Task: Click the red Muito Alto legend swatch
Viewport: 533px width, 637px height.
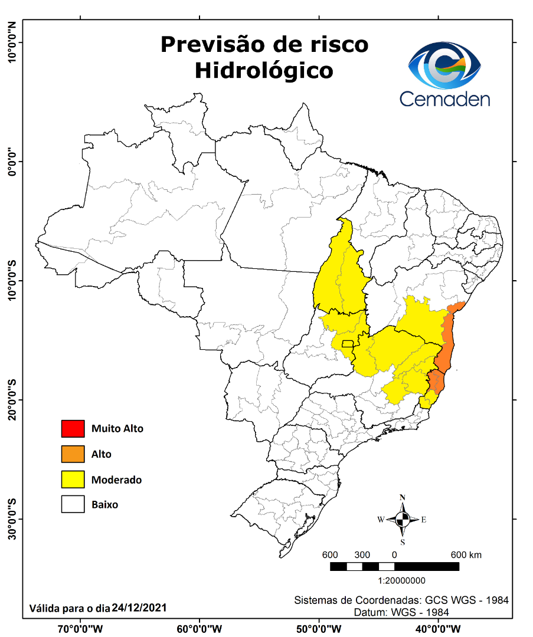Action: point(73,428)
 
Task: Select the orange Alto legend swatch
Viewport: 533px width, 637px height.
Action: point(73,454)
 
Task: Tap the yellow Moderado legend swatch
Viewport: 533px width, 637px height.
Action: point(73,480)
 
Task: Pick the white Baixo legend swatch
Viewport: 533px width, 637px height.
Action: point(73,505)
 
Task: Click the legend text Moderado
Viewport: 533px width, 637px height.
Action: point(116,480)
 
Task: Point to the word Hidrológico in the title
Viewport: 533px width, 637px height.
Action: point(264,70)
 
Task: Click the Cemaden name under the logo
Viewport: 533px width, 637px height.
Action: point(444,98)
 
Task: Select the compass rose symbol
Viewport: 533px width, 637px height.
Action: point(403,520)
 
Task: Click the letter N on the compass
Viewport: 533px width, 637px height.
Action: point(403,497)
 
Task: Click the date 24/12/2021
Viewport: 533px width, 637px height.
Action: point(139,608)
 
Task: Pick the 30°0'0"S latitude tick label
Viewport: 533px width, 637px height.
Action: point(11,519)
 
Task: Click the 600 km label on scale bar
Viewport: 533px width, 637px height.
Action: point(466,555)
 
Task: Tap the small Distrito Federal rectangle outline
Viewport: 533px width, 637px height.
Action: point(348,343)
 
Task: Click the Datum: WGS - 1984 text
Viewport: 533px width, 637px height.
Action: point(401,612)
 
